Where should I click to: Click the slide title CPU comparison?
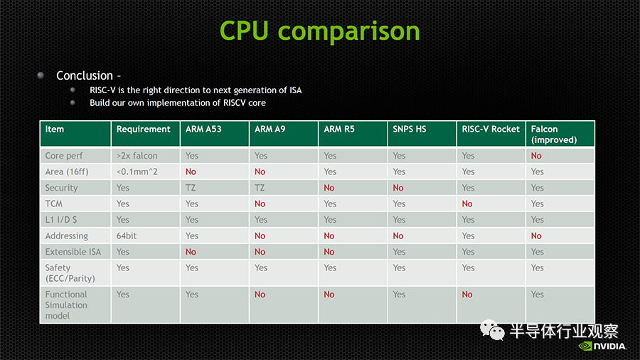click(x=319, y=31)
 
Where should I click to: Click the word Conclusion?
click(x=85, y=75)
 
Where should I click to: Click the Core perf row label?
click(x=64, y=156)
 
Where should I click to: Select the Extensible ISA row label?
click(x=73, y=252)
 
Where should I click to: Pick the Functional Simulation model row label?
click(x=66, y=305)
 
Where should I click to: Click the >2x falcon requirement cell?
click(x=137, y=156)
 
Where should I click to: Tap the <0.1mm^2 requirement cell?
click(x=137, y=172)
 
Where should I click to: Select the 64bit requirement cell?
click(x=127, y=236)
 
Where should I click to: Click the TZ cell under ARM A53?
click(x=191, y=188)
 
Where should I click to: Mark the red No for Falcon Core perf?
click(x=536, y=156)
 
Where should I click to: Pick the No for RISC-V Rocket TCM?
click(x=467, y=203)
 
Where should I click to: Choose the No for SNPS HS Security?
click(x=398, y=188)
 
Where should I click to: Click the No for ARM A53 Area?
click(x=191, y=172)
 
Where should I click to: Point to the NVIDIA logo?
click(x=602, y=346)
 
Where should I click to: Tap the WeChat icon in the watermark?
click(x=492, y=330)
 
